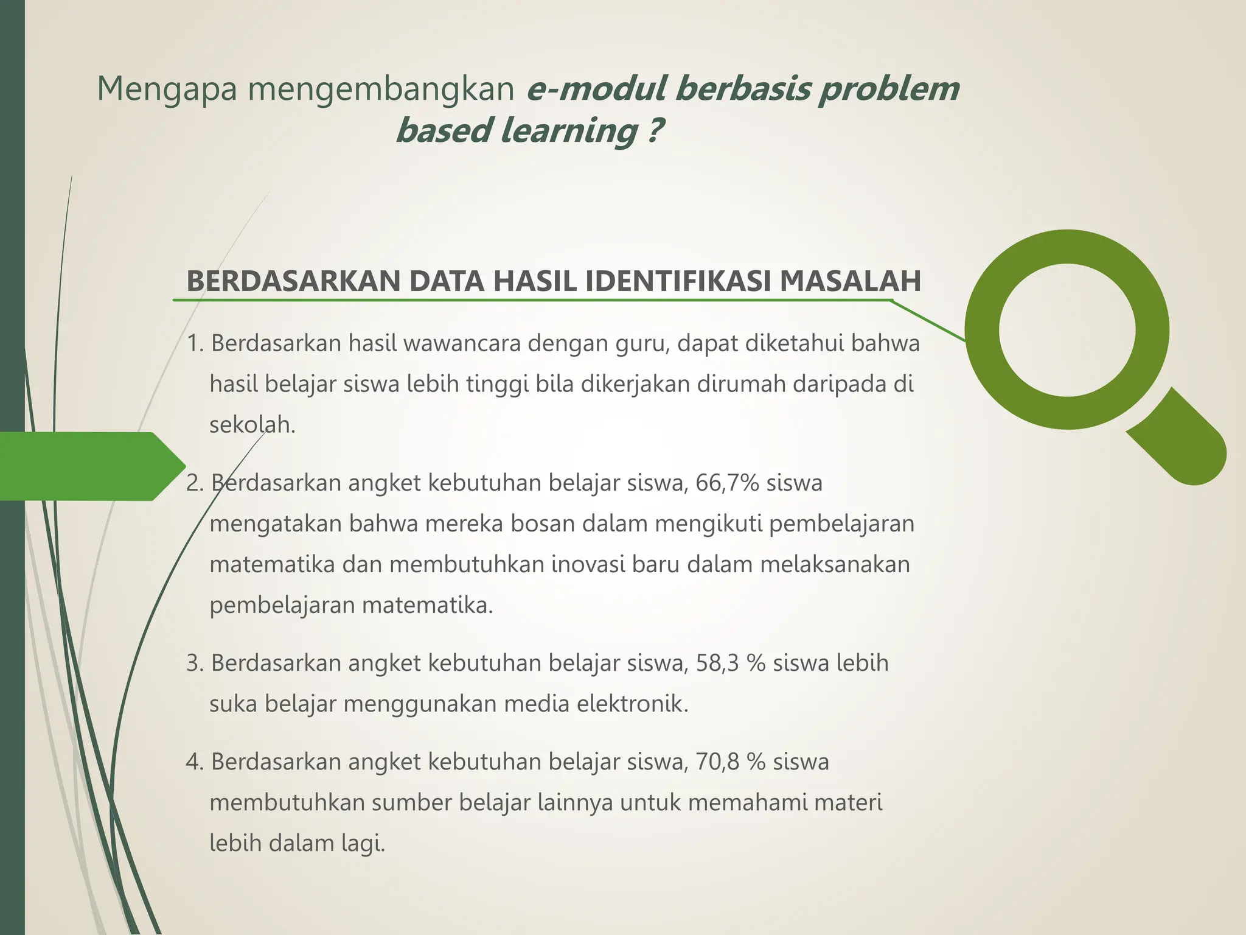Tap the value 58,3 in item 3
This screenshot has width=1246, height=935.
coord(718,663)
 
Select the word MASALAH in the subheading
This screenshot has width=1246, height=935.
coord(850,281)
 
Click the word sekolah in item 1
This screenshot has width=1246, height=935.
coord(251,425)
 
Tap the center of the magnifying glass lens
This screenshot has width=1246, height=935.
coord(1067,330)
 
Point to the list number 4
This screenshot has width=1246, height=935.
coord(193,762)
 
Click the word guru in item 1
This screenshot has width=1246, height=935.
coord(642,344)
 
